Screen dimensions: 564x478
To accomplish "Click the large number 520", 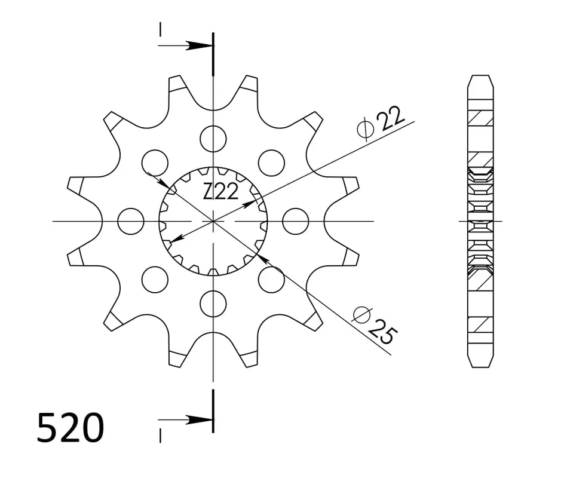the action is point(70,428).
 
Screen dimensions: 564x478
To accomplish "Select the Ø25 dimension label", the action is point(376,325).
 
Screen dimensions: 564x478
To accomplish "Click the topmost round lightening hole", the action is point(213,139).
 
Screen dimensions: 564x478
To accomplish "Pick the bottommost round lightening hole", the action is point(213,304).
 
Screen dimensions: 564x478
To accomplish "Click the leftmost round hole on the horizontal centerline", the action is point(131,221).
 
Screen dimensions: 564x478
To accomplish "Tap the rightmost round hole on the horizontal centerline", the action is point(296,221).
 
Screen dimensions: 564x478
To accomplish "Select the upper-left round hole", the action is point(155,163).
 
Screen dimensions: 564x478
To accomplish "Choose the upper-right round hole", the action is point(272,163).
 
